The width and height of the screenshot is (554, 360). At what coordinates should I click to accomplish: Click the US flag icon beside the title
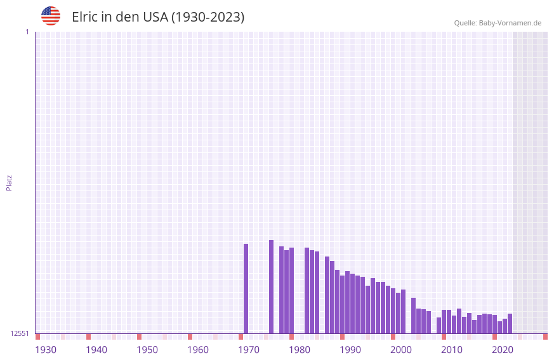coord(51,16)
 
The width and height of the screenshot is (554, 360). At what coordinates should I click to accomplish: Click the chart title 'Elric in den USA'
coord(157,17)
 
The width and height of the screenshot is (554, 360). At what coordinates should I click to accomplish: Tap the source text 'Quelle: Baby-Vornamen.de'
coord(498,23)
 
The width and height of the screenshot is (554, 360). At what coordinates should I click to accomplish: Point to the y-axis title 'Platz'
coord(9,182)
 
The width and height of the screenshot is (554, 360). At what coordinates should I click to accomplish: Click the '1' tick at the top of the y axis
coord(27,32)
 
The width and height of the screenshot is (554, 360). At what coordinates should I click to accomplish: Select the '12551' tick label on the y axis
coord(20,333)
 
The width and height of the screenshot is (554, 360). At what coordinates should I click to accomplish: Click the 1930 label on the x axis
coord(46,350)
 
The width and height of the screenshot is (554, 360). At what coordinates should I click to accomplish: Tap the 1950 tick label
coord(147,350)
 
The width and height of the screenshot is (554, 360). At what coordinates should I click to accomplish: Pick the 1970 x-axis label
coord(249,350)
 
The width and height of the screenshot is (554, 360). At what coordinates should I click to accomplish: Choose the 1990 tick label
coord(350,350)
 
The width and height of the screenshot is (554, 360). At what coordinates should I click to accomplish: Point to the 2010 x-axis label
coord(452,350)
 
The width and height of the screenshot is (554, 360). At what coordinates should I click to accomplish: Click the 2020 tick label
coord(503,350)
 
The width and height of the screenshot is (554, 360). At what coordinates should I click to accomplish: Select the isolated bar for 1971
coord(246,289)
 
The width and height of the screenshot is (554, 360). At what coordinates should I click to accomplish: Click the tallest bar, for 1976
coord(272,287)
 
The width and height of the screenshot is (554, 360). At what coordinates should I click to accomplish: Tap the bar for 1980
coord(292,291)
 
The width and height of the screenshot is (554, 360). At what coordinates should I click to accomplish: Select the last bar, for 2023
coord(510,324)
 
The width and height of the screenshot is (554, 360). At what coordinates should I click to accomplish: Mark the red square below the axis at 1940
coord(89,337)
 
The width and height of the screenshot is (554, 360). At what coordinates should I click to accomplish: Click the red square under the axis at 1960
coord(190,337)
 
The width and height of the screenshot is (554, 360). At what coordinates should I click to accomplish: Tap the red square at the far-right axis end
coord(545,337)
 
